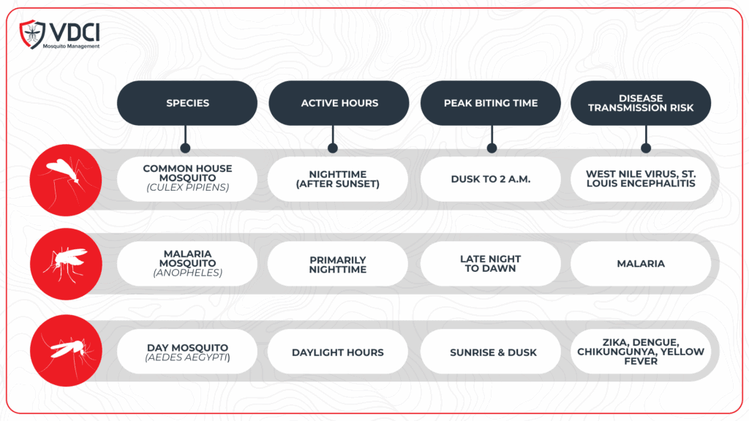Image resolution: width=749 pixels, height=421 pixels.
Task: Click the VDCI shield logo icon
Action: pyautogui.click(x=32, y=34)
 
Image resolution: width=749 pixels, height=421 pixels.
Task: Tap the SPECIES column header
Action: pyautogui.click(x=187, y=103)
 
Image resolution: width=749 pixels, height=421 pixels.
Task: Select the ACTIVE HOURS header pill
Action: pyautogui.click(x=339, y=103)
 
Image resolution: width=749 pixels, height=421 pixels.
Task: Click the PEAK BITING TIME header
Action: pyautogui.click(x=491, y=103)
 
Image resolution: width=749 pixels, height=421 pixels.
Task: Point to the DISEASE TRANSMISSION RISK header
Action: pyautogui.click(x=641, y=103)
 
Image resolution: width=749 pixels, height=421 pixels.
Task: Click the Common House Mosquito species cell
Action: pyautogui.click(x=187, y=179)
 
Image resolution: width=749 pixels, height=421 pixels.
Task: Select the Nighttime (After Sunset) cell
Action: pyautogui.click(x=338, y=179)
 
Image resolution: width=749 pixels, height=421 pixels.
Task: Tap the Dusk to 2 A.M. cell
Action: pyautogui.click(x=491, y=179)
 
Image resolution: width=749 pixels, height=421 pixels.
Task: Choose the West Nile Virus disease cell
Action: pyautogui.click(x=641, y=179)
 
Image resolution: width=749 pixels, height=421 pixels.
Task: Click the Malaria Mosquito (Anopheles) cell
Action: pyautogui.click(x=187, y=263)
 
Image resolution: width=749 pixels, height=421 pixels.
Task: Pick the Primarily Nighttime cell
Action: pyautogui.click(x=338, y=263)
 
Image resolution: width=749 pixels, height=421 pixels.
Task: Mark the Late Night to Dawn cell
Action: pyautogui.click(x=491, y=263)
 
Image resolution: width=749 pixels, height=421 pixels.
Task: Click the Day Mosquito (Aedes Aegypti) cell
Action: pyautogui.click(x=187, y=352)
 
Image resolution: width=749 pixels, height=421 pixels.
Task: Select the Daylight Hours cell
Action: pyautogui.click(x=338, y=352)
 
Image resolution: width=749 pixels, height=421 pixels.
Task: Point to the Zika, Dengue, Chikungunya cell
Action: pyautogui.click(x=641, y=352)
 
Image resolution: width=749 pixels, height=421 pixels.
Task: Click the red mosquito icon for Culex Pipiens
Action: pyautogui.click(x=66, y=180)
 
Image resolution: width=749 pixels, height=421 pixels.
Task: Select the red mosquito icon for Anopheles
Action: pyautogui.click(x=66, y=264)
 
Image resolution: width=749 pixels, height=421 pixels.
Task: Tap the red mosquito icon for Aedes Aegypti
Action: pyautogui.click(x=66, y=350)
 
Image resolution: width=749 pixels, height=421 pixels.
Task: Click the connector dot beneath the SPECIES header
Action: pyautogui.click(x=185, y=148)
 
